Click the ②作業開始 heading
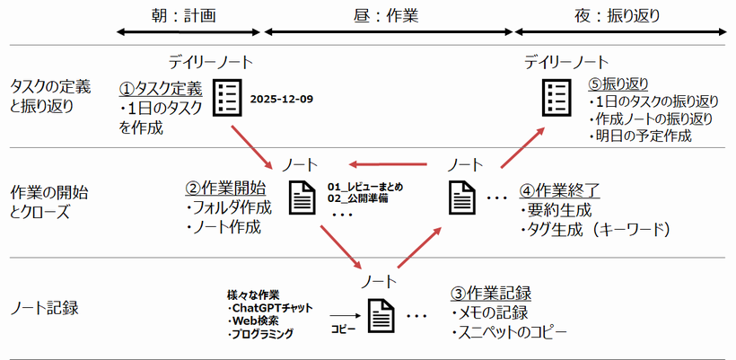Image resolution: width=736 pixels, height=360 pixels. pos(224,188)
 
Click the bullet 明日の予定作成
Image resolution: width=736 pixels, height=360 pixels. pos(641,136)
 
